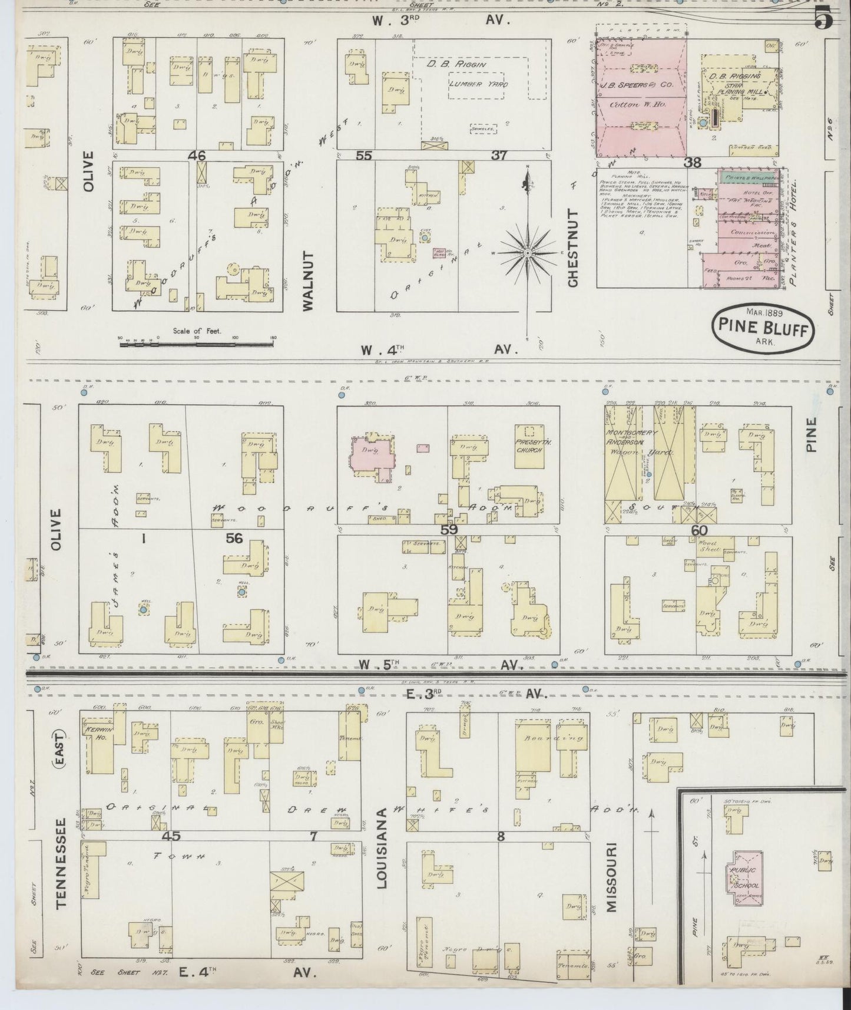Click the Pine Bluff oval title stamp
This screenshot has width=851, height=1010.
point(764,328)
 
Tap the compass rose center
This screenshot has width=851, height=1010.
point(528,253)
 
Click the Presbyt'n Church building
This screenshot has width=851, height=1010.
point(528,447)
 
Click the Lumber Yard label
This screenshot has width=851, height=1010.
point(478,84)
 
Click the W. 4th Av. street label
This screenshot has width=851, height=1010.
point(439,349)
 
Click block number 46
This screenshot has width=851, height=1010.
point(197,156)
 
